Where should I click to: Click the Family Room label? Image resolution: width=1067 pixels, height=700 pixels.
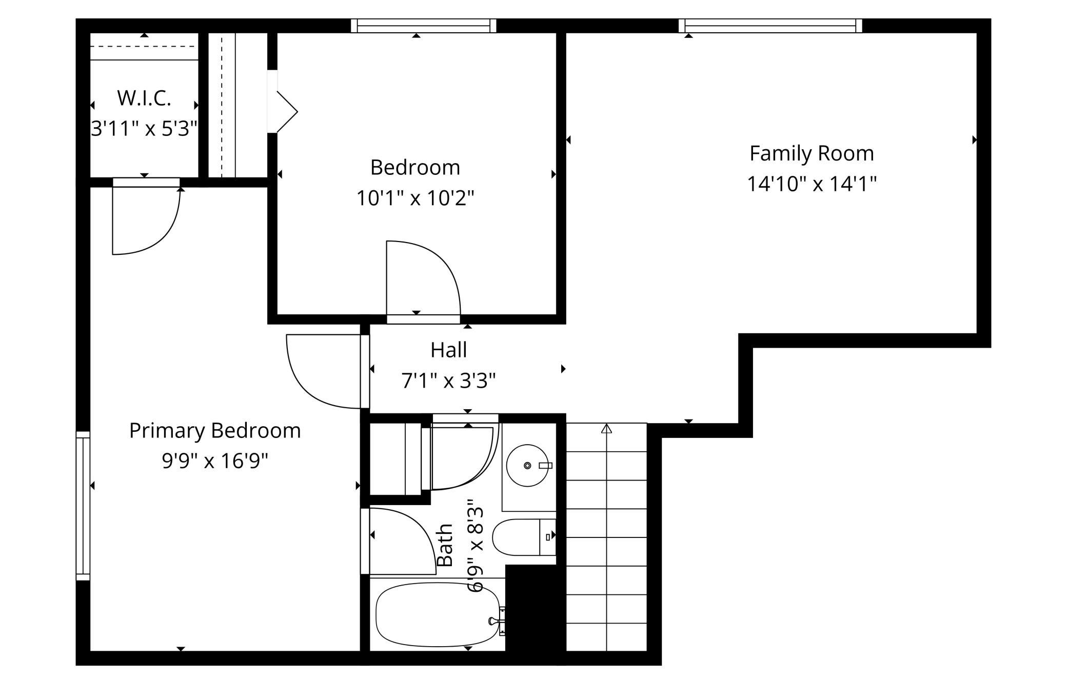812,154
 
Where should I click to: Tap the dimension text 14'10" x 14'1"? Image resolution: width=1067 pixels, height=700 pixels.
812,184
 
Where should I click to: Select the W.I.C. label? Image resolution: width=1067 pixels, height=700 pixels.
144,98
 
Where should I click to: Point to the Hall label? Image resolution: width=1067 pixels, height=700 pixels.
449,350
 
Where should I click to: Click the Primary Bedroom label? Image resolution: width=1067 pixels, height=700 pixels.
215,431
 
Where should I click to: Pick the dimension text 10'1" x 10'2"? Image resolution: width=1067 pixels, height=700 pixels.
416,198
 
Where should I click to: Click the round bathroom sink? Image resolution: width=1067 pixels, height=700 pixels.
527,465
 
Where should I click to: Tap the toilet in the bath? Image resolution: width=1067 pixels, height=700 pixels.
524,537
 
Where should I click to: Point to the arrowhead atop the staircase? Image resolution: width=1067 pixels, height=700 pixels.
607,428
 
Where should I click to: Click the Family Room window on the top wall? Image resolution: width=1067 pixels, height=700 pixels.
770,26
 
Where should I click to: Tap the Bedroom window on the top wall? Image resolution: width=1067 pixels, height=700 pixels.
424,26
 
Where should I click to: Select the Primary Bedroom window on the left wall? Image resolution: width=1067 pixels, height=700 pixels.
83,506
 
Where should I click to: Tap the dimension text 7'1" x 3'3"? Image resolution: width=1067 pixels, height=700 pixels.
449,381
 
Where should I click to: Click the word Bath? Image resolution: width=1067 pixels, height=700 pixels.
445,545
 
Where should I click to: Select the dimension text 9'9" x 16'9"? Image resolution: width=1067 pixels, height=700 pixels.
215,461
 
